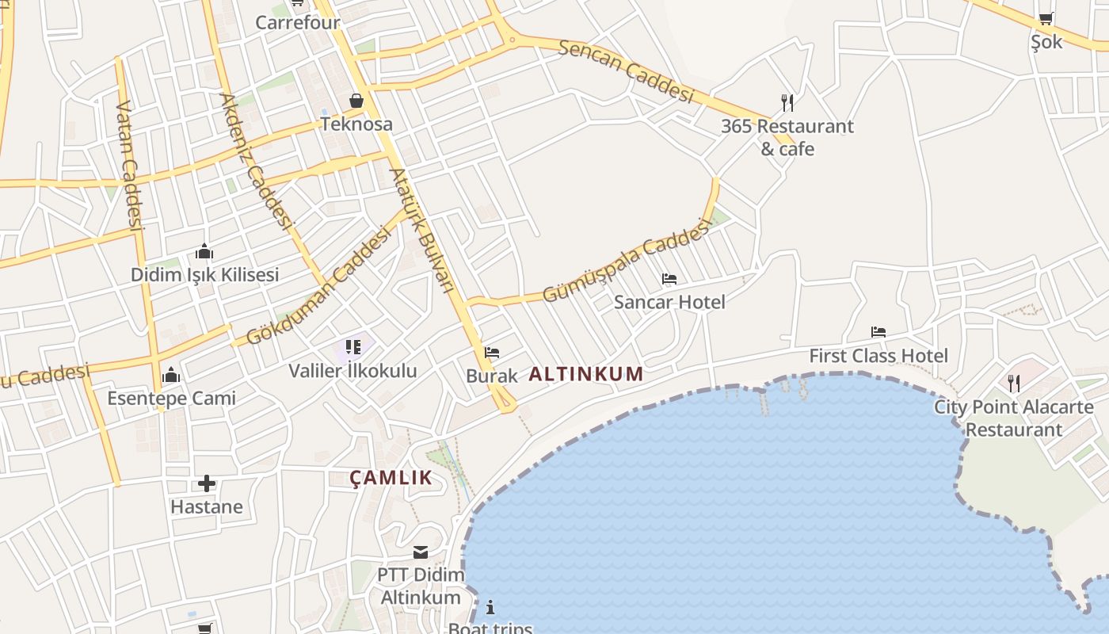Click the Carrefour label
point(297,22)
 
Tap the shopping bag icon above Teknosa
point(356,101)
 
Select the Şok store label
point(1046,42)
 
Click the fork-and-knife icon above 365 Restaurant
point(787,103)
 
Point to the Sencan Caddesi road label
point(626,71)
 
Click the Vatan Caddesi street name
point(129,164)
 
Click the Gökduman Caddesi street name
point(318,286)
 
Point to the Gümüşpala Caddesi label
point(625,261)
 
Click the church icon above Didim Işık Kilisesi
point(204,252)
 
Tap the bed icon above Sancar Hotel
point(669,279)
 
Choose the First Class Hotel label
point(878,356)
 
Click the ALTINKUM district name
point(585,374)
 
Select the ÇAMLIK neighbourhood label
point(391,478)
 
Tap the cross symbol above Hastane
point(206,483)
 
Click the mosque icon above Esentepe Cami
point(171,375)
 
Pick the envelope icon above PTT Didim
point(420,552)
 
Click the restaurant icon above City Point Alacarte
point(1013,384)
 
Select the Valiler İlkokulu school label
point(352,370)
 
